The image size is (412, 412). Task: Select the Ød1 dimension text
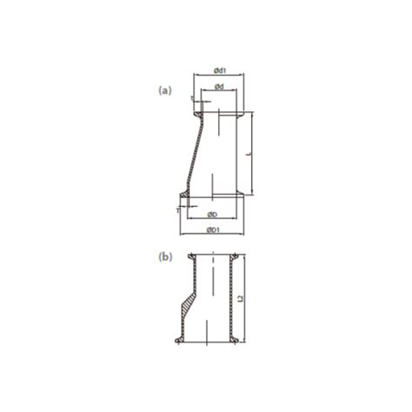click(x=220, y=70)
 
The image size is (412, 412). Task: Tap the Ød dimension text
click(x=220, y=87)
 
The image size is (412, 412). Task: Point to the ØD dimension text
click(x=212, y=214)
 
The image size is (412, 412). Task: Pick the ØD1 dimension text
click(x=212, y=230)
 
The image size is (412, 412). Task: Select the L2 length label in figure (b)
click(x=250, y=298)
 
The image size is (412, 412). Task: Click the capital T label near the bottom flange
click(x=176, y=209)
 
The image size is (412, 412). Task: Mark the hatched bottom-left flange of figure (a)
click(x=186, y=196)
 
